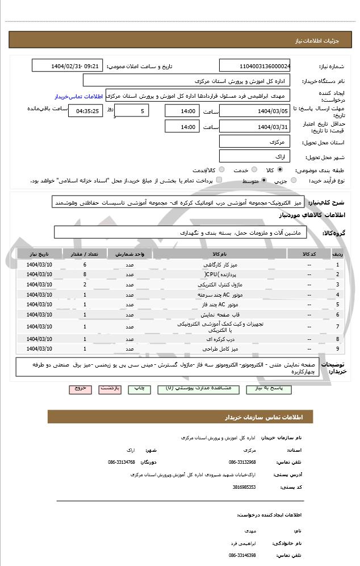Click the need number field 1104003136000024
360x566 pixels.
pyautogui.click(x=254, y=66)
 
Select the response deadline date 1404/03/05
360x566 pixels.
pyautogui.click(x=254, y=111)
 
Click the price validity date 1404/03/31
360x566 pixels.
pyautogui.click(x=254, y=127)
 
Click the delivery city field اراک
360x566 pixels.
pyautogui.click(x=254, y=156)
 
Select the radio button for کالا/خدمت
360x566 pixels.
pyautogui.click(x=221, y=170)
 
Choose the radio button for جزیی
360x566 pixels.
pyautogui.click(x=294, y=181)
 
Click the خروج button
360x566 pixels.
pyautogui.click(x=80, y=389)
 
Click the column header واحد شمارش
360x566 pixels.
pyautogui.click(x=130, y=253)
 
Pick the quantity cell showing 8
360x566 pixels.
pyautogui.click(x=85, y=274)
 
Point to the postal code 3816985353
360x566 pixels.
pyautogui.click(x=244, y=487)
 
